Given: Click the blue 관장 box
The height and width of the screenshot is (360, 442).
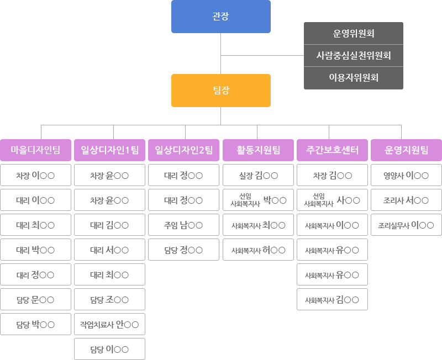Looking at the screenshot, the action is (x=220, y=17).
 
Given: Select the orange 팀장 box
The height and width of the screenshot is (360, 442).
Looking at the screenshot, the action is (x=220, y=91).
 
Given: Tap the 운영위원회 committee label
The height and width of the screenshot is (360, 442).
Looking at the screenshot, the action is (x=354, y=34).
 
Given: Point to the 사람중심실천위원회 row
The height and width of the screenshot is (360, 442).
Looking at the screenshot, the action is (x=354, y=56).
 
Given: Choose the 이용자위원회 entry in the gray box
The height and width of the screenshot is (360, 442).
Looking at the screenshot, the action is (x=354, y=78).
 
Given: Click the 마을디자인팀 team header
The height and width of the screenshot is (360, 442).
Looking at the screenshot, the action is (x=35, y=150).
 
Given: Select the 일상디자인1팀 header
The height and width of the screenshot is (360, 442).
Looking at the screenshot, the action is (x=109, y=150).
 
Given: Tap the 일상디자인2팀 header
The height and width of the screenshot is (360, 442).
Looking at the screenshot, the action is (x=183, y=150).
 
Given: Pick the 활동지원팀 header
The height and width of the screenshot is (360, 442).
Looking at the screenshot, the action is (x=258, y=150).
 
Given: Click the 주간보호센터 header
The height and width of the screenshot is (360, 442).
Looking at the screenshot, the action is (x=333, y=150).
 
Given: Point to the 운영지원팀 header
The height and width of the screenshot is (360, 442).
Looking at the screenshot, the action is (x=406, y=150).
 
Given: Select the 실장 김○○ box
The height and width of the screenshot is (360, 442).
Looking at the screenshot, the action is (x=258, y=175).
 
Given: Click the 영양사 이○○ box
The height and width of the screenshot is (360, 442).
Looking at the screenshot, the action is (x=406, y=175).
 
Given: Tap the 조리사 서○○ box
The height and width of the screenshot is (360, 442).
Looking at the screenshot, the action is (x=406, y=200).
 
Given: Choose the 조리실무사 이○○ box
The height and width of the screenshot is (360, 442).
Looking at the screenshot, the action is (x=406, y=225).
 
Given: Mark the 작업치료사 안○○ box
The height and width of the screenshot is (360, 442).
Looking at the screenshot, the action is (x=109, y=324).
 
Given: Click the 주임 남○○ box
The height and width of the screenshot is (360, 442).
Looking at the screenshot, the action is (x=183, y=225).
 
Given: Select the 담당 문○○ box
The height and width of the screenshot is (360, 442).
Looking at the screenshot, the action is (x=35, y=299).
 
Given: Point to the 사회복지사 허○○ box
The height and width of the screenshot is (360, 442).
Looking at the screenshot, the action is (x=258, y=250).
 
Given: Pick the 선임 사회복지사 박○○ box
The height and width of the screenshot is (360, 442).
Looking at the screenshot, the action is (x=258, y=200).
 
